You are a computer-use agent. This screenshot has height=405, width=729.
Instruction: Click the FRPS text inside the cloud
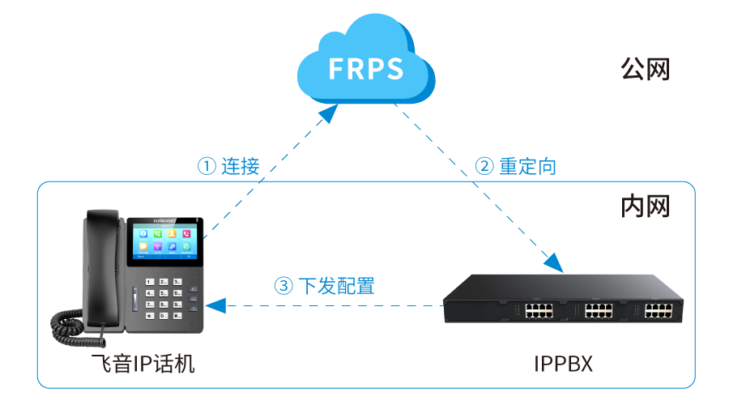point(365,70)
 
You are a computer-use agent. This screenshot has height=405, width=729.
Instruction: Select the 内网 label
point(645,207)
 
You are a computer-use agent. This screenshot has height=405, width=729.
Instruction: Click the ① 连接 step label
point(229,167)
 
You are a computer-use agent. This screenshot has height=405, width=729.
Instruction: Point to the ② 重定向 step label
point(516,167)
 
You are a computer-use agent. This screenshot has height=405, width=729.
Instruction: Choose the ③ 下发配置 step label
point(325,286)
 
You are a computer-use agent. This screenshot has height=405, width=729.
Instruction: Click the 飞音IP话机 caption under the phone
point(143,364)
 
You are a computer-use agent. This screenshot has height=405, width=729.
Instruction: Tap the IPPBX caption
point(564,364)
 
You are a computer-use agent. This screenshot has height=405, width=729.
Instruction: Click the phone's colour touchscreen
point(165,240)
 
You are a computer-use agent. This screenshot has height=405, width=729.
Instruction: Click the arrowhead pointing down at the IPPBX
point(553,262)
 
